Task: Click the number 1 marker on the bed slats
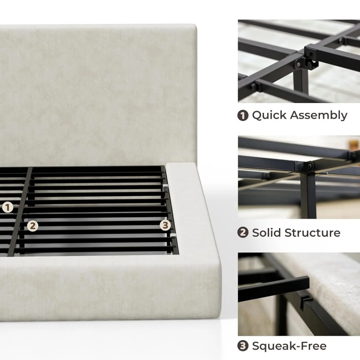[x=8, y=207]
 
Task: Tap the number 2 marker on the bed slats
[x=32, y=226]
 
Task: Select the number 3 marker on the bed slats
[x=165, y=225]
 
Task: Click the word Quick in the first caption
[x=269, y=116]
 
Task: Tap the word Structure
[x=312, y=233]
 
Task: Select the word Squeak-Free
[x=289, y=346]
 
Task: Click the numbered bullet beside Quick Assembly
[x=243, y=116]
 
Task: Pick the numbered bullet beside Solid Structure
[x=243, y=232]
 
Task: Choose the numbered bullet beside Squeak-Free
[x=243, y=346]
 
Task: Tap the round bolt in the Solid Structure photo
[x=310, y=166]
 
